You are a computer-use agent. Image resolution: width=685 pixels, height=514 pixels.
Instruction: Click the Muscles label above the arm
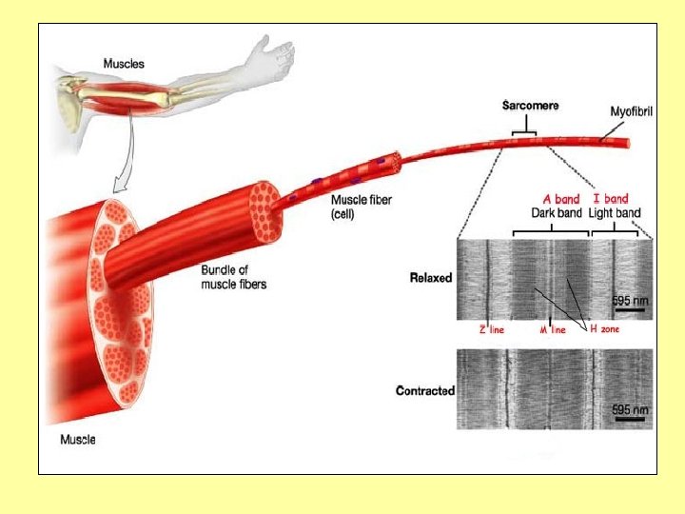[x=125, y=64]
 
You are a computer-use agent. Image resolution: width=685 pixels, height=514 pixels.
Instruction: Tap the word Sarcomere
[x=530, y=106]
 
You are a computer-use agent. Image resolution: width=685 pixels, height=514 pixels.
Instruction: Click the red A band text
[x=561, y=199]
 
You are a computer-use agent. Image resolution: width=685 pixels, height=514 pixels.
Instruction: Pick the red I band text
[x=610, y=199]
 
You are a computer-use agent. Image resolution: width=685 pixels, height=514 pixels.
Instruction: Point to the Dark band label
[x=555, y=212]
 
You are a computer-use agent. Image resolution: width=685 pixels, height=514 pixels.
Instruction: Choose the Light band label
[x=615, y=212]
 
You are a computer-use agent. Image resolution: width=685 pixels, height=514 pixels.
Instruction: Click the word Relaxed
[x=430, y=278]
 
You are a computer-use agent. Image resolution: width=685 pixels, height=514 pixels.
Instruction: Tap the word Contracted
[x=424, y=391]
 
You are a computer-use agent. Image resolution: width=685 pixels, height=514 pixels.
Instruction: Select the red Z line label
[x=491, y=329]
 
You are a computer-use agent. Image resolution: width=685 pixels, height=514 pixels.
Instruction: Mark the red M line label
[x=553, y=329]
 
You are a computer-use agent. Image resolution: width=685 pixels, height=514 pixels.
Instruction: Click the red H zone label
[x=605, y=328]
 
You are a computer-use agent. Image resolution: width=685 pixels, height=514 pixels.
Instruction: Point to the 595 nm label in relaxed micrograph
[x=629, y=300]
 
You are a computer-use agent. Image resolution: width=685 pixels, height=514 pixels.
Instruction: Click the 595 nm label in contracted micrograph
[x=629, y=409]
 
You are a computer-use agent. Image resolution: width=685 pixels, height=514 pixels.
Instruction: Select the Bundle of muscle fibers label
[x=233, y=277]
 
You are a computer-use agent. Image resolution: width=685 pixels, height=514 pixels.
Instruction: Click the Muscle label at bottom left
[x=77, y=440]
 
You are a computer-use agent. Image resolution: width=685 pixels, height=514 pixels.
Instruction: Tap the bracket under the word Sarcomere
[x=523, y=129]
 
